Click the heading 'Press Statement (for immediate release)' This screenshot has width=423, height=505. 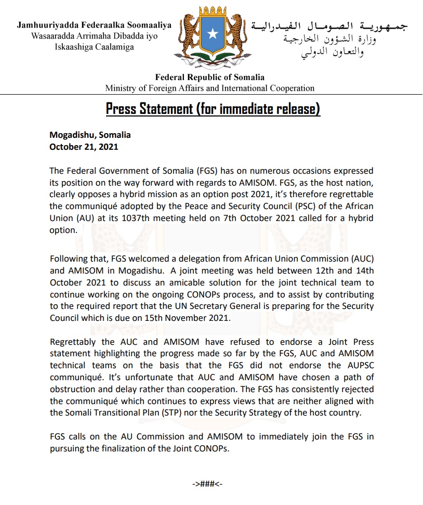pos(213,109)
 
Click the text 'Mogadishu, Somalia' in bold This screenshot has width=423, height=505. pos(90,135)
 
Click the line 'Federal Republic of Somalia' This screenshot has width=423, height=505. pos(210,77)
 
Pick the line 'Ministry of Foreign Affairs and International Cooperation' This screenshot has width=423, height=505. pos(210,88)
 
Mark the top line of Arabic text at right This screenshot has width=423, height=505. pos(329,25)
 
